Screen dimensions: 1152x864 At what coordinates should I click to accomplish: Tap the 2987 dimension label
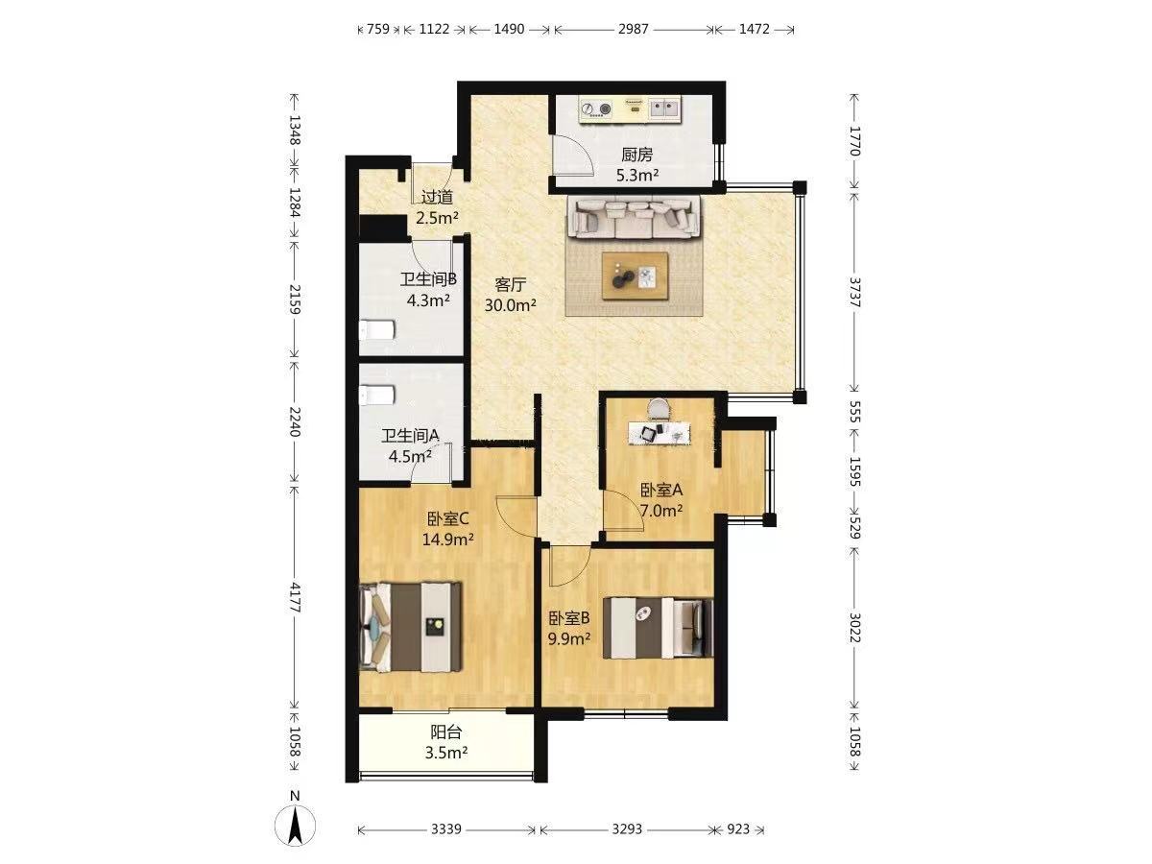(633, 29)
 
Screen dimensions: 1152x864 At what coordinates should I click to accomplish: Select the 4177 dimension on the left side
(294, 597)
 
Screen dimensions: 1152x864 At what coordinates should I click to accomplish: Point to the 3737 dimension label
(854, 292)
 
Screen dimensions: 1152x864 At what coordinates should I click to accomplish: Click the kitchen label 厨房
(637, 155)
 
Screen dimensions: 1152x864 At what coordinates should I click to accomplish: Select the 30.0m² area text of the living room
(510, 304)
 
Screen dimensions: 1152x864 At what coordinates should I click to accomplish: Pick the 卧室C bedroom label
(448, 518)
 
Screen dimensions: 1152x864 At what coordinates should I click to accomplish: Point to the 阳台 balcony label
(446, 732)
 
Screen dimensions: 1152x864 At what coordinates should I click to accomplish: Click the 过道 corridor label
(437, 197)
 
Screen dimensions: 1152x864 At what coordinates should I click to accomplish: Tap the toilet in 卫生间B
(376, 330)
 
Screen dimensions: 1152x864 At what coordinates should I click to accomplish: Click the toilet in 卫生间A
(376, 396)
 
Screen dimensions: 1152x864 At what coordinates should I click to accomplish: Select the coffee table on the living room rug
(636, 276)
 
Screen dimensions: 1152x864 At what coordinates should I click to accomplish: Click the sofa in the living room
(634, 217)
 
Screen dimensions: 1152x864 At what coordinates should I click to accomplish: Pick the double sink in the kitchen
(664, 108)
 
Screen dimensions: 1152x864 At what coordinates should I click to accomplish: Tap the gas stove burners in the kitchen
(597, 109)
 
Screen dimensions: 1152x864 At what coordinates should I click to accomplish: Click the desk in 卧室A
(660, 433)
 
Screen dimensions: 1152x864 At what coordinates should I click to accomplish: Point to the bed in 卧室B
(658, 628)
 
